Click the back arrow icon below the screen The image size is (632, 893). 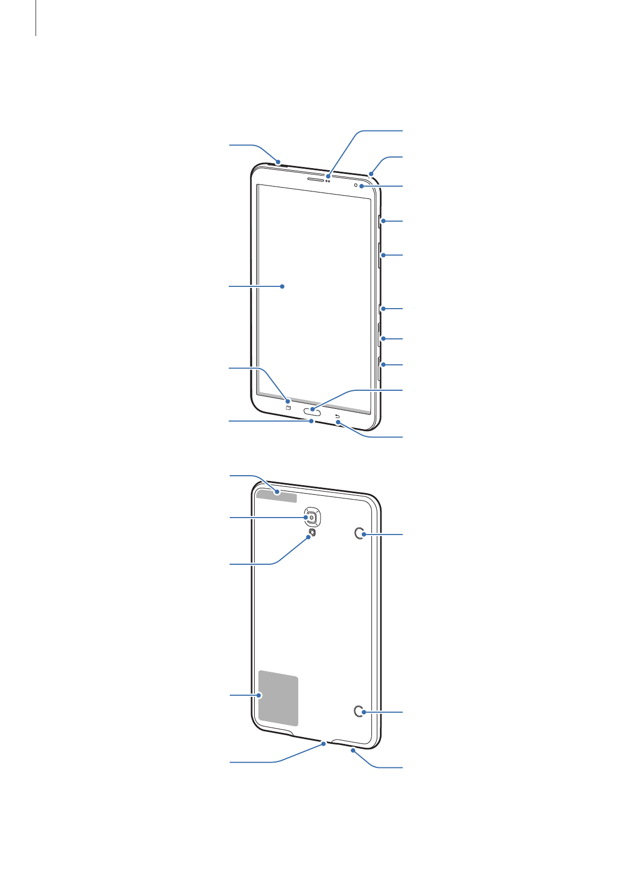coord(337,416)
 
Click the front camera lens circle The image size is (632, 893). coord(356,185)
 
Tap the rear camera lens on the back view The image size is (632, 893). coord(313,517)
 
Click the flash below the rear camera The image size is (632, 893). coord(313,532)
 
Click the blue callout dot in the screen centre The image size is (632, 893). coord(283,286)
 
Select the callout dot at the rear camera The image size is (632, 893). coord(307,517)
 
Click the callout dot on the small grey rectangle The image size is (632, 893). coord(276,492)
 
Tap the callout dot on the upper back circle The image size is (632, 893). coord(365,535)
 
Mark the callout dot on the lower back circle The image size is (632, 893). coord(365,712)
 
